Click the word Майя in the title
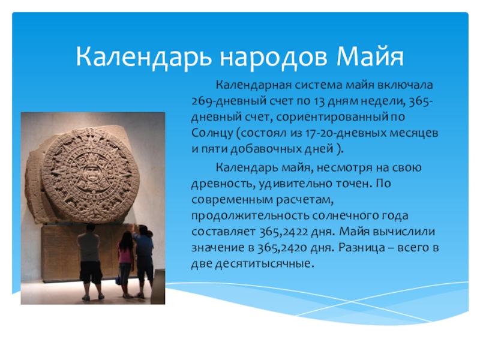pyautogui.click(x=370, y=57)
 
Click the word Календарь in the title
pyautogui.click(x=143, y=58)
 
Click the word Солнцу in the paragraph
pyautogui.click(x=212, y=134)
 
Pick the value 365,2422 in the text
pyautogui.click(x=283, y=232)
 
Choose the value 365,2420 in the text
pyautogui.click(x=282, y=248)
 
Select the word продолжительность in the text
pyautogui.click(x=250, y=216)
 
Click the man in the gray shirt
pyautogui.click(x=90, y=262)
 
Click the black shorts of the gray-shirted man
pyautogui.click(x=91, y=272)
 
